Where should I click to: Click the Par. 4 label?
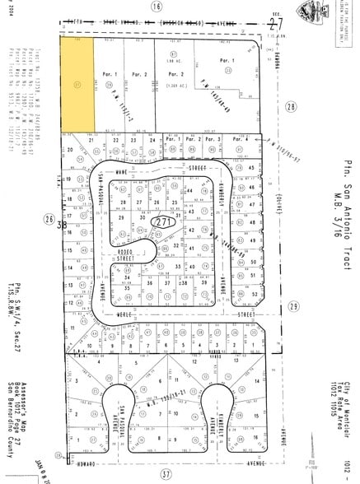241,139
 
